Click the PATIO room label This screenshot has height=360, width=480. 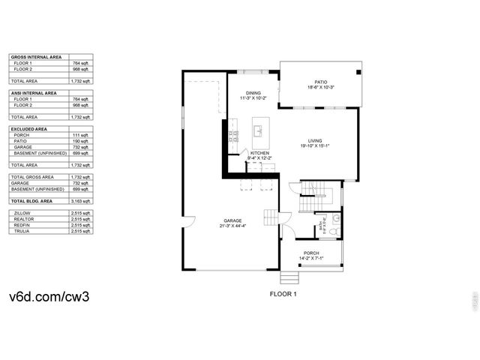(x=321, y=82)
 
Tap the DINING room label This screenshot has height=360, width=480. (x=253, y=93)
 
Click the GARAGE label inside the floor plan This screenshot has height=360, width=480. (x=233, y=220)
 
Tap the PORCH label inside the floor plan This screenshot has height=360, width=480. (x=311, y=253)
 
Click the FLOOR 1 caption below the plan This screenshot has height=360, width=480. (x=283, y=294)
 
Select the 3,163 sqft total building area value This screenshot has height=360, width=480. (x=80, y=202)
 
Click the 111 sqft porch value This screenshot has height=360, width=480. (x=80, y=135)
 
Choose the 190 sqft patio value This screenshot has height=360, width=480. (x=80, y=141)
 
